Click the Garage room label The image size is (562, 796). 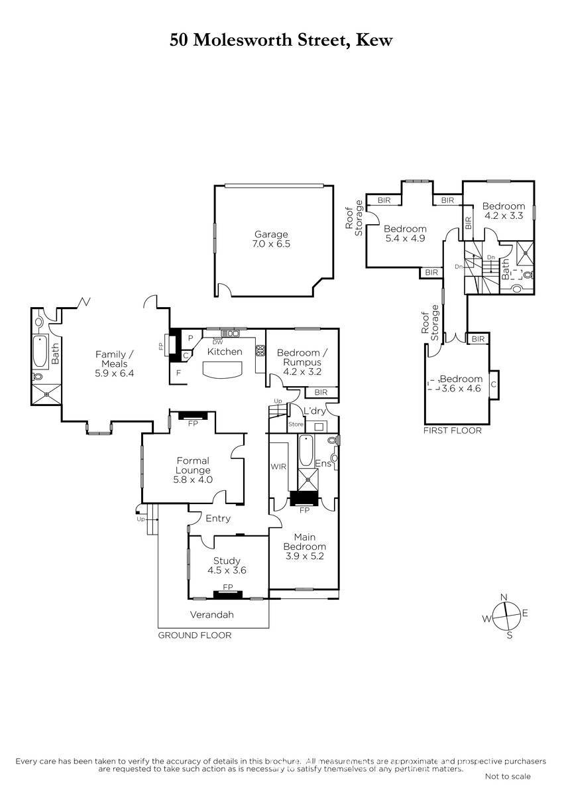[271, 239]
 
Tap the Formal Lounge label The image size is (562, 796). [193, 470]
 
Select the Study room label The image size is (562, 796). [227, 565]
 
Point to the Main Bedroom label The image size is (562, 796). [305, 547]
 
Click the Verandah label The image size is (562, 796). [212, 615]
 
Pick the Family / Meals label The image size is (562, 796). [114, 364]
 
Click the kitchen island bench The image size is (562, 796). [223, 370]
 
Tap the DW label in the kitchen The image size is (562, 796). [217, 342]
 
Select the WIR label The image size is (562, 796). [278, 466]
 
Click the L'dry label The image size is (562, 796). [315, 411]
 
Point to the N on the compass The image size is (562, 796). [504, 597]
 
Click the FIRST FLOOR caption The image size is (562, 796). [452, 431]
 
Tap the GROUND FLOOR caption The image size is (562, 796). [195, 635]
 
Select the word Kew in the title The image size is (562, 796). [374, 40]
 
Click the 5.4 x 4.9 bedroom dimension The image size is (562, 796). [405, 238]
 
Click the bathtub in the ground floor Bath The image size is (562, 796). [40, 351]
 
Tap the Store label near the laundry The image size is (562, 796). [296, 425]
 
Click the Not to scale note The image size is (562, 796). [508, 776]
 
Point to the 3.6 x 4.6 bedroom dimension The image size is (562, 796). [461, 389]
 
